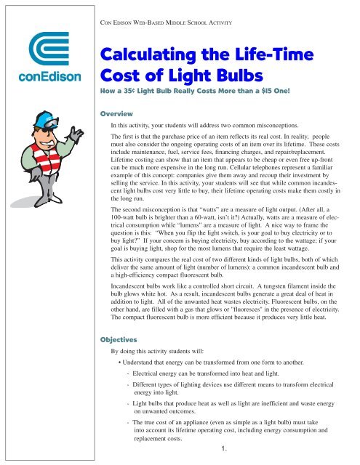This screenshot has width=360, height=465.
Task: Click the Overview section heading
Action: [x=118, y=113]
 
